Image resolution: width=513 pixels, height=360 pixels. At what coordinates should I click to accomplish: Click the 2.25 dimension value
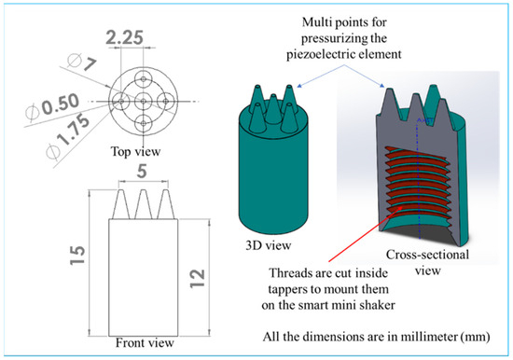pyautogui.click(x=125, y=37)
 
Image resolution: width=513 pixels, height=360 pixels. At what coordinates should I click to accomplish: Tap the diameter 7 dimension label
pyautogui.click(x=81, y=62)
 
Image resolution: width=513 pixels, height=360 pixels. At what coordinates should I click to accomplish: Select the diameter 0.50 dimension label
pyautogui.click(x=53, y=106)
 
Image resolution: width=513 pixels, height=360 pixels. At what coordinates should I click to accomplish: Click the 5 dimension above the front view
pyautogui.click(x=142, y=172)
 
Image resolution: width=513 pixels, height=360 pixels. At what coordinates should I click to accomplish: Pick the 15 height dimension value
pyautogui.click(x=77, y=255)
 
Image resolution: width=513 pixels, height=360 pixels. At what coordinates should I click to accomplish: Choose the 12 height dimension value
pyautogui.click(x=198, y=279)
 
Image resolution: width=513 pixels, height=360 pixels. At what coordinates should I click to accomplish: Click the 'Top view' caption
pyautogui.click(x=136, y=151)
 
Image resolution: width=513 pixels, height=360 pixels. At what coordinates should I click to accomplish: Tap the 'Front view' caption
pyautogui.click(x=145, y=343)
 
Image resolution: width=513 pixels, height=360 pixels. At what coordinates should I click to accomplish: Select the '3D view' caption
pyautogui.click(x=269, y=245)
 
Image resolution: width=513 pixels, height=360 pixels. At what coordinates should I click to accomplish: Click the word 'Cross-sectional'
pyautogui.click(x=427, y=255)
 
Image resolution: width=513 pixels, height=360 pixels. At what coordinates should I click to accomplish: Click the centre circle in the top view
pyautogui.click(x=144, y=101)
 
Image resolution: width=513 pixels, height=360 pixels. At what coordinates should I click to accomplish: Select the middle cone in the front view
pyautogui.click(x=144, y=204)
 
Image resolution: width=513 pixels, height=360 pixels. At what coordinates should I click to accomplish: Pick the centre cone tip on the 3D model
pyautogui.click(x=272, y=96)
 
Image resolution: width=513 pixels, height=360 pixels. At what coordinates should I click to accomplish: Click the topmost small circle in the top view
pyautogui.click(x=144, y=78)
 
